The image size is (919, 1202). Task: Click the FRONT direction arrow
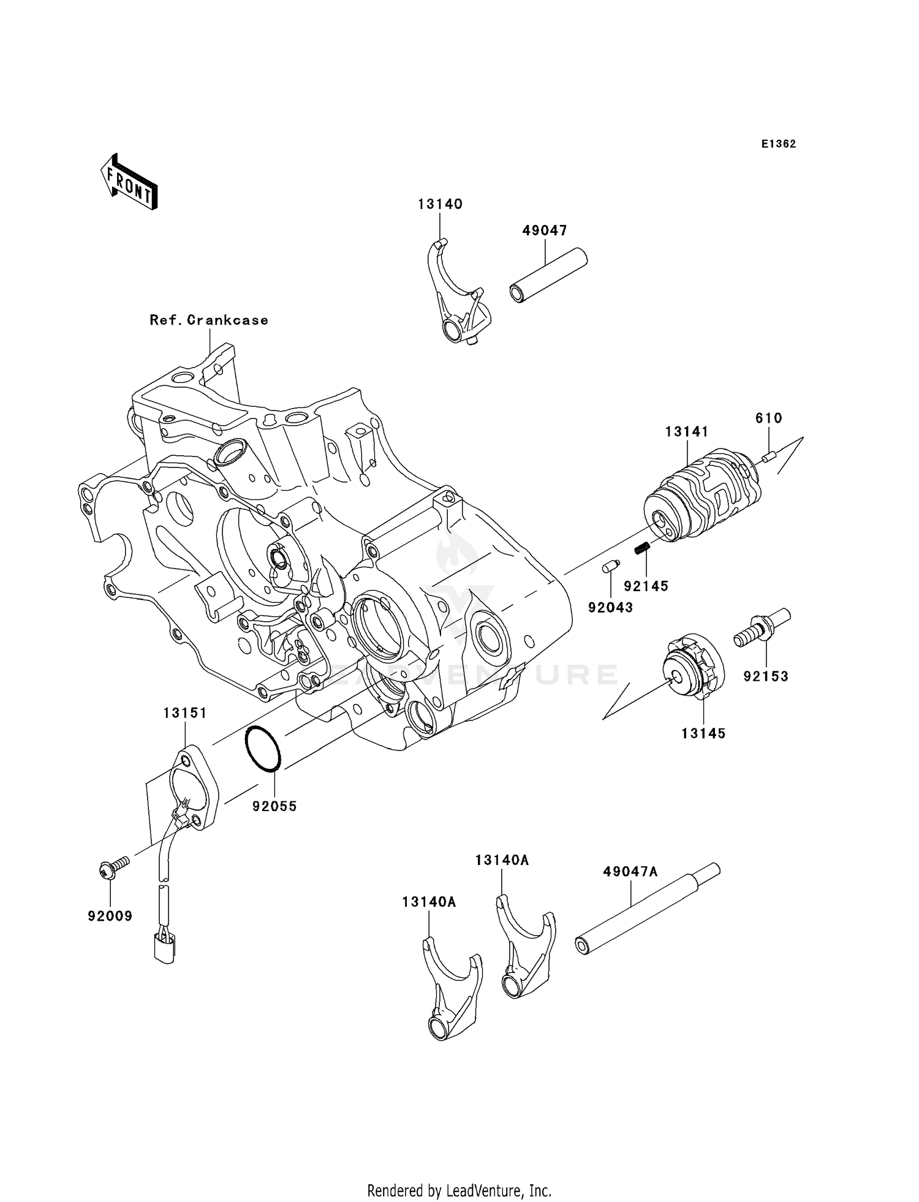[129, 182]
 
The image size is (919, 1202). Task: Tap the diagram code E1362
[779, 144]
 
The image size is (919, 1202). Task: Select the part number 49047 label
[545, 230]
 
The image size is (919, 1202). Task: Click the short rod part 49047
[547, 274]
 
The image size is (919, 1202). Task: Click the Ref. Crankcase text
[209, 320]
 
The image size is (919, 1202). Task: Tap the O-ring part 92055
[262, 749]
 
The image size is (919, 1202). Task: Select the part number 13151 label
[185, 713]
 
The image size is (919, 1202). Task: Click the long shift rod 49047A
[646, 911]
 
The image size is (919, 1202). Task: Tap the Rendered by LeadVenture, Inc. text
[459, 1190]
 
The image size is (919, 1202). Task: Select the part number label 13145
[703, 733]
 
